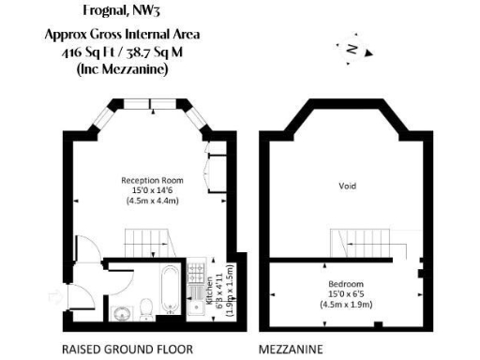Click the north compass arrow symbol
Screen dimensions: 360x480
[351, 49]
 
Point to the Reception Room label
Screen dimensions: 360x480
[151, 179]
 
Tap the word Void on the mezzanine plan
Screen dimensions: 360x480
[347, 186]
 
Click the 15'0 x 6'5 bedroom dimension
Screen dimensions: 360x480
[346, 292]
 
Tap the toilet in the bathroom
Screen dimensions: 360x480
[147, 307]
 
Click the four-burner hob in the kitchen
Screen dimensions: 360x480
[197, 272]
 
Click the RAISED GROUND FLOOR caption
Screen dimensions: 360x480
[127, 349]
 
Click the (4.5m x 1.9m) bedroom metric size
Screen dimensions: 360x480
[346, 303]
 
